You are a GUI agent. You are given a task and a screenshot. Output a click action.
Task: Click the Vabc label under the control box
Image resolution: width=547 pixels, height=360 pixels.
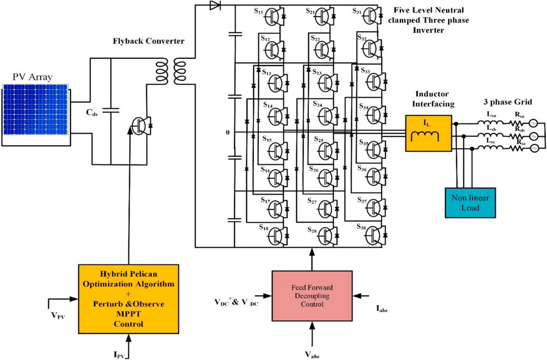pos(312,354)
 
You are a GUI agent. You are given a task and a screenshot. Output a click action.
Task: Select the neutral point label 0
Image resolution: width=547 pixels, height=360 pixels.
pos(227,133)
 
